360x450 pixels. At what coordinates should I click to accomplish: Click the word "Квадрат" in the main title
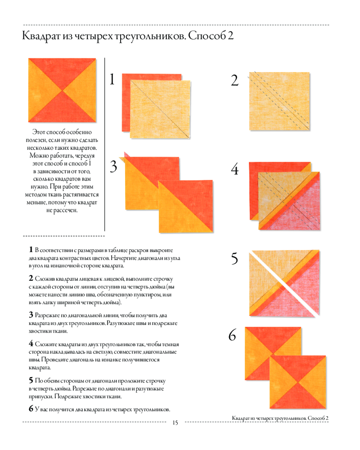coord(41,36)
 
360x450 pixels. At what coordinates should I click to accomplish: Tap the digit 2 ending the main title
coord(230,36)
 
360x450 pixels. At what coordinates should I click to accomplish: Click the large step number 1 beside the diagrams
coord(112,79)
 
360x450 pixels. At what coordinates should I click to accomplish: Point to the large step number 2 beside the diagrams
coord(234,80)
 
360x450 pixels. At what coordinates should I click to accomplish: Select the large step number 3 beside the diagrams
coord(114,166)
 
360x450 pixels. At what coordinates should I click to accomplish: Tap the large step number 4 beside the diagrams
coord(235,169)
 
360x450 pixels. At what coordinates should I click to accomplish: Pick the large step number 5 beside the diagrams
coord(234,258)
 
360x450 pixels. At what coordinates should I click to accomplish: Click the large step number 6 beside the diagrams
coord(232,335)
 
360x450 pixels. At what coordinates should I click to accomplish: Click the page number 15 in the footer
coord(175,423)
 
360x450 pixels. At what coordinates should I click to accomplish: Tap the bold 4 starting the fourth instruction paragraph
coord(31,343)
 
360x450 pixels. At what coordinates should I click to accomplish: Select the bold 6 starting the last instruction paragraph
coord(31,409)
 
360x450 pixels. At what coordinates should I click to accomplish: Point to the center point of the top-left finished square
coord(62,90)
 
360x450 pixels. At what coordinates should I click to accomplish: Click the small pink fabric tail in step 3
coord(126,154)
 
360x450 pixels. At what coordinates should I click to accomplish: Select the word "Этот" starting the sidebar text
coord(39,132)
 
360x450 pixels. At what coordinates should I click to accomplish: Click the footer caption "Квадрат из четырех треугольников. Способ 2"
coord(280,418)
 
